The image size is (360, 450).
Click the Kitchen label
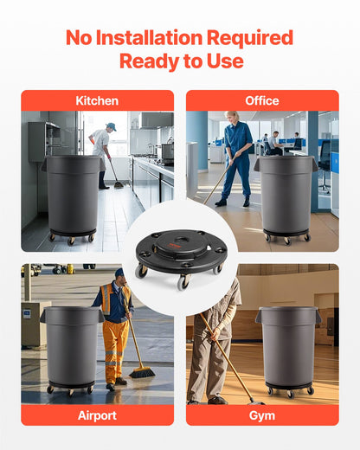[97, 101]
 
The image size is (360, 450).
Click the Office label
[262, 101]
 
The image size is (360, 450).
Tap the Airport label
[97, 415]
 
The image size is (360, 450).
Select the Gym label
[262, 415]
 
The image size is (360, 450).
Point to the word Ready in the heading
[146, 61]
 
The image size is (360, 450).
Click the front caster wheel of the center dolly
[183, 281]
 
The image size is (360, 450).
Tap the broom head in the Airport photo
[142, 372]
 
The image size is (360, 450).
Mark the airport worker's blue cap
[119, 273]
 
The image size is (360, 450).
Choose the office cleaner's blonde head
[235, 116]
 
